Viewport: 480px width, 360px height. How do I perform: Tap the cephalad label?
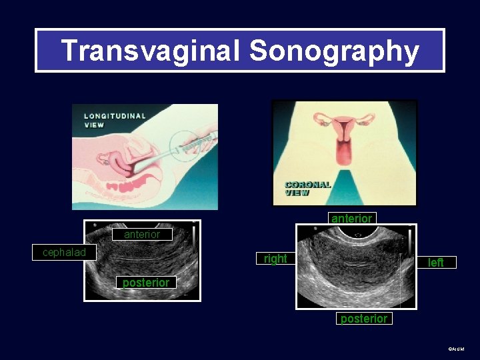[64, 253]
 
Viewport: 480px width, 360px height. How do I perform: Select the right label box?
[275, 259]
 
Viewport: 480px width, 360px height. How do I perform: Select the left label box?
[435, 263]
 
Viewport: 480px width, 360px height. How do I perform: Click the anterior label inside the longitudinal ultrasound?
[142, 235]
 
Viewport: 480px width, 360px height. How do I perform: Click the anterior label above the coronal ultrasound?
[351, 219]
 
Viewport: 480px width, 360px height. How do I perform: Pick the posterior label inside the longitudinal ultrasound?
[146, 283]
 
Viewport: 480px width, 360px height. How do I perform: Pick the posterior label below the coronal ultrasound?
[363, 319]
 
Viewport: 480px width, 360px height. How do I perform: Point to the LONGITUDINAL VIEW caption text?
[115, 120]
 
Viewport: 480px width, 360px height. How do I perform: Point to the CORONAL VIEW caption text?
[307, 189]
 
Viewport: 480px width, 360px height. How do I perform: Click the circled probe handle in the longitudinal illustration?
[191, 142]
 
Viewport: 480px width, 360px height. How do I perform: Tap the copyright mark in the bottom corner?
[456, 349]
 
